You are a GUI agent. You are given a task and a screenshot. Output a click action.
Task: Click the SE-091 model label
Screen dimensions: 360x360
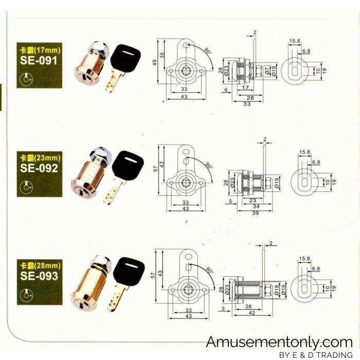[x=40, y=60]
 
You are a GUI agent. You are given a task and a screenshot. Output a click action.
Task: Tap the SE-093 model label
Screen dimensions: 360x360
[x=40, y=276]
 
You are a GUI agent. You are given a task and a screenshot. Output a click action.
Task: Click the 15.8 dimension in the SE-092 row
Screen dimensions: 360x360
[x=304, y=152]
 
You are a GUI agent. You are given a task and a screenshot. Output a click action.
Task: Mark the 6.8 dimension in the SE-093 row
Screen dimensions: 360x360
[x=315, y=268]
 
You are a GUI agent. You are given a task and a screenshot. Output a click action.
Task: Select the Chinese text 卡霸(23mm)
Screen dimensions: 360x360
[x=40, y=157]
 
